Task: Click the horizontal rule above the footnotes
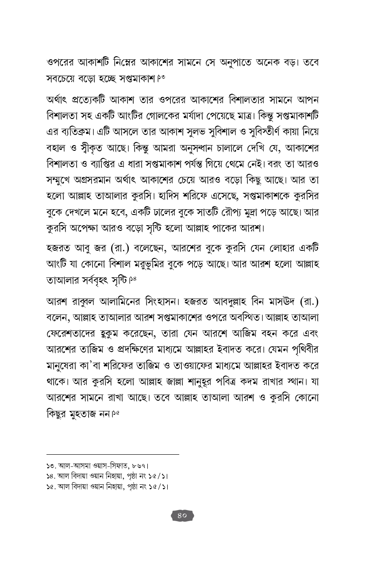click(113, 454)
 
